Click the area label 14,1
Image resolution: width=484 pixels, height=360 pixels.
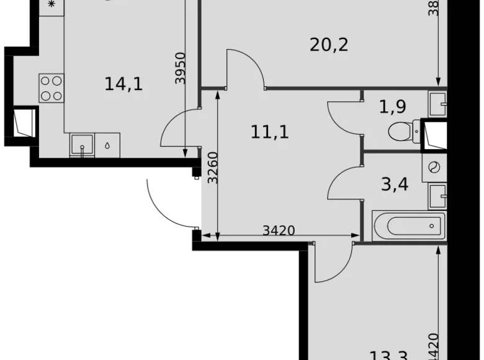click(x=123, y=84)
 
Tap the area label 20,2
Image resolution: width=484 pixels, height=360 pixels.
click(x=328, y=45)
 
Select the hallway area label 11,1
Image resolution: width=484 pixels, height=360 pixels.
click(x=270, y=132)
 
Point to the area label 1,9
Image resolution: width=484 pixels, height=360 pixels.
click(x=392, y=107)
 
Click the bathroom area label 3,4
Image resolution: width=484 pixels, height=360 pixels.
click(x=395, y=184)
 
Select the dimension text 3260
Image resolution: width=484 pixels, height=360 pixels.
click(x=212, y=168)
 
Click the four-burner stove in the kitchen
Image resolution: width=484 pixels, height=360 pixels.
click(x=52, y=88)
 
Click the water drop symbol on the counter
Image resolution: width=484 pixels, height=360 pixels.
click(x=107, y=146)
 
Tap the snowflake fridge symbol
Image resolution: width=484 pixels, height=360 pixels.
click(x=51, y=4)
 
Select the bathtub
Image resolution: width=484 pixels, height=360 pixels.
click(x=408, y=226)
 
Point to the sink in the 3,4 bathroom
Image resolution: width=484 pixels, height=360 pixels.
click(x=437, y=196)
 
